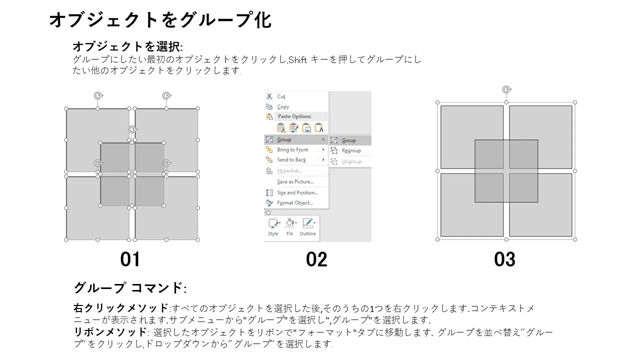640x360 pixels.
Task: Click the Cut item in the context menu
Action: [x=281, y=96]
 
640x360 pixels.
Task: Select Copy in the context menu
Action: [x=283, y=106]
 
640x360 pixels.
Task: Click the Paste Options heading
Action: [x=294, y=116]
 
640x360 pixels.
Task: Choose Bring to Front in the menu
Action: [x=292, y=149]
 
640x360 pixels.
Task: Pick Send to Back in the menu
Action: [x=291, y=159]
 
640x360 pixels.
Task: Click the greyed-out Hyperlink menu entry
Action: [x=289, y=171]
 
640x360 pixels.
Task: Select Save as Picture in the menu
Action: [x=295, y=181]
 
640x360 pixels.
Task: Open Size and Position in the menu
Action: [x=297, y=192]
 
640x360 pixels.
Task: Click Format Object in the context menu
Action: [x=295, y=203]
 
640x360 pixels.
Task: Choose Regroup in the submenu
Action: [x=351, y=150]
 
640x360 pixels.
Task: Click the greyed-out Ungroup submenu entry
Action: [x=351, y=161]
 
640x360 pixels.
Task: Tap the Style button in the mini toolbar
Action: [x=273, y=227]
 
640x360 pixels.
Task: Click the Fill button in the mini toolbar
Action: [x=289, y=227]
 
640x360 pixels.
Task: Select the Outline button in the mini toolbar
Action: [x=307, y=227]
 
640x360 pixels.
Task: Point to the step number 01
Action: [x=130, y=259]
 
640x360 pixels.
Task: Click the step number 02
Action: [x=316, y=259]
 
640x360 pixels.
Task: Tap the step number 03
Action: [x=505, y=259]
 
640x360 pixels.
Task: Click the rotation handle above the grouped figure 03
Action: [x=506, y=89]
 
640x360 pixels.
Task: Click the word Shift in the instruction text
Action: [x=297, y=60]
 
